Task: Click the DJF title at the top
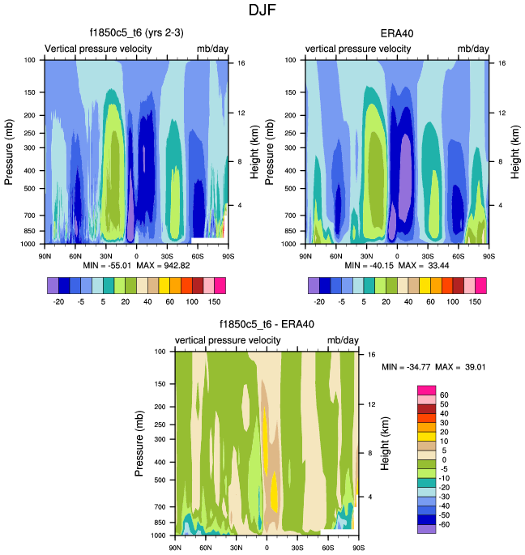(x=262, y=11)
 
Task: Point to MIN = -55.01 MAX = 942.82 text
(x=136, y=265)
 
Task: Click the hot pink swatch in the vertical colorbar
(x=426, y=391)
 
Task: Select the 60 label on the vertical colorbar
(x=445, y=395)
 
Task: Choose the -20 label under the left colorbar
(x=58, y=299)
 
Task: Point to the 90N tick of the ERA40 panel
(x=305, y=255)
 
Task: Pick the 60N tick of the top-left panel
(x=75, y=255)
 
